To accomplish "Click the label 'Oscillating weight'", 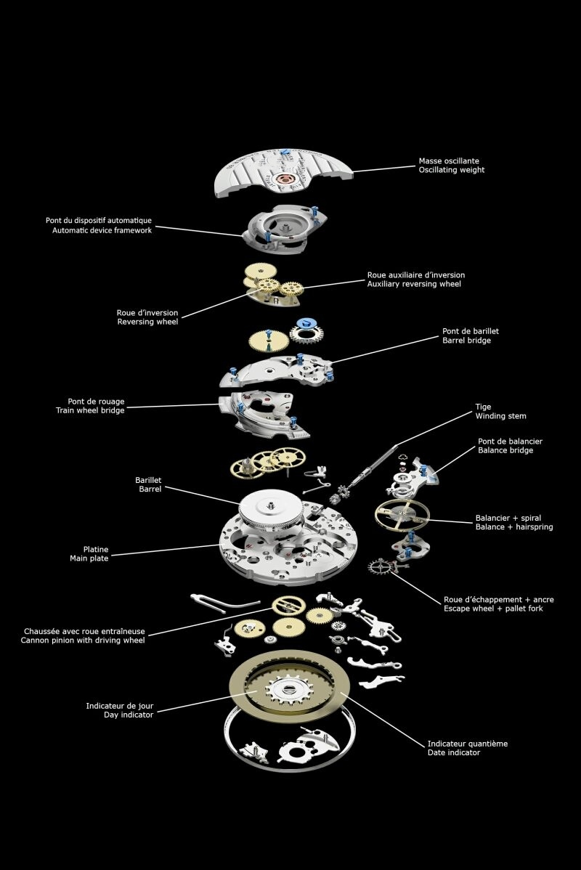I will [451, 170].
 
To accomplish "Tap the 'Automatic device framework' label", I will [102, 230].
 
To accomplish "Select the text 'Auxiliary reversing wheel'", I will [414, 284].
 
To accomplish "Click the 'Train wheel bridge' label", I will [90, 410].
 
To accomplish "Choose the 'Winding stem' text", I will [500, 416].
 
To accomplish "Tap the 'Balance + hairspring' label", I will [513, 527].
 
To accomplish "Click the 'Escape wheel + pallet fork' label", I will [493, 609].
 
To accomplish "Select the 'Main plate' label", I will [89, 558].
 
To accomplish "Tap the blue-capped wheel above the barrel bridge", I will [306, 331].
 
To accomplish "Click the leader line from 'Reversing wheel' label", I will [218, 302].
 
